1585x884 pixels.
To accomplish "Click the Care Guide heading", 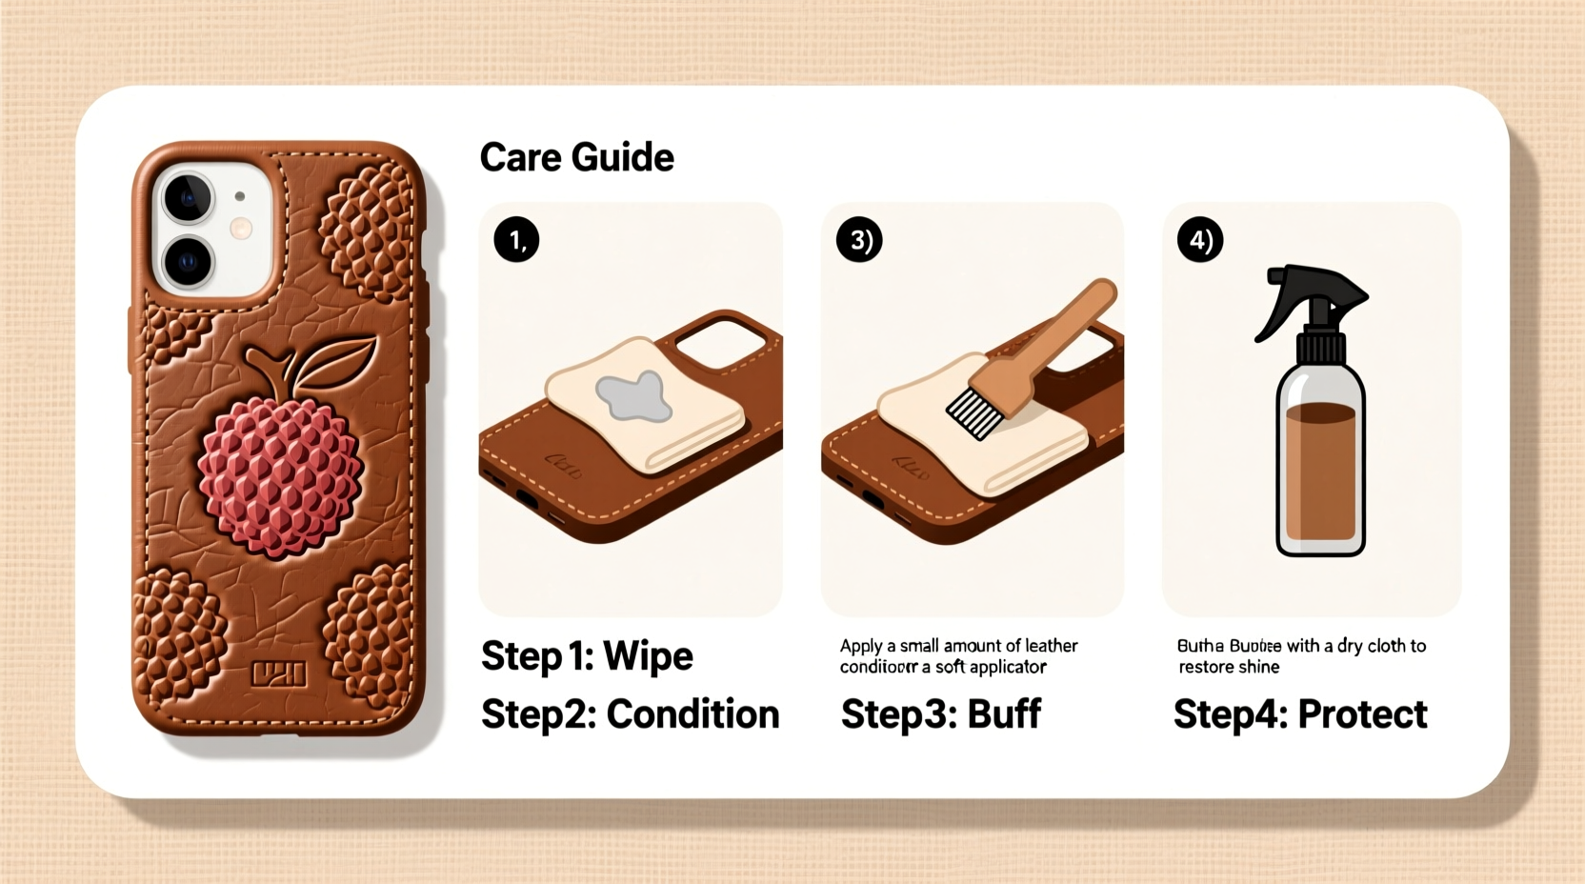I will pyautogui.click(x=576, y=157).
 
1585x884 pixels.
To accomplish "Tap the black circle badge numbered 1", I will pyautogui.click(x=516, y=240).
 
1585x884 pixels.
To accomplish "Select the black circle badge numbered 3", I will pyautogui.click(x=859, y=240).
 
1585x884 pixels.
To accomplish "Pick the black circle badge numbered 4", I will pyautogui.click(x=1200, y=240).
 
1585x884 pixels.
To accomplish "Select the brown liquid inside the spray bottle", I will pyautogui.click(x=1320, y=472).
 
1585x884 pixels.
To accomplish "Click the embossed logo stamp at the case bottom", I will pyautogui.click(x=278, y=674).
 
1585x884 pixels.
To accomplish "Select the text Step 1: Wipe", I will pyautogui.click(x=587, y=656).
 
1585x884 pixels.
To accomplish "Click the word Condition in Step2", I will pyautogui.click(x=692, y=714).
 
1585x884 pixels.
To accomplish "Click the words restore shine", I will pyautogui.click(x=1229, y=667).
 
